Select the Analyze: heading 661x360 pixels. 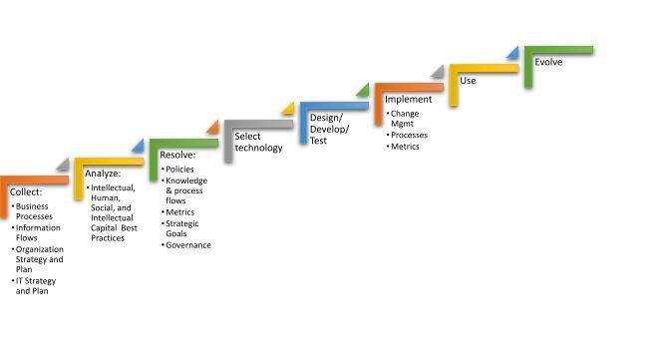[103, 174]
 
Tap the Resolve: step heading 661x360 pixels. [177, 156]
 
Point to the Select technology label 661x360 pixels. [258, 142]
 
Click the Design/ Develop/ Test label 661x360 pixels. [320, 130]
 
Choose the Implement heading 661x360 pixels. [409, 100]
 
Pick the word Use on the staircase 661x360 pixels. [467, 80]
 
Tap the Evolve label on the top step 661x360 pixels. [548, 62]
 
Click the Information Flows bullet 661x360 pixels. [38, 233]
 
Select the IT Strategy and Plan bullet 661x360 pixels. [38, 286]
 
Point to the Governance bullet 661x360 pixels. [187, 245]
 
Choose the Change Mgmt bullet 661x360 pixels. [405, 119]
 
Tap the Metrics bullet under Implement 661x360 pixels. [405, 147]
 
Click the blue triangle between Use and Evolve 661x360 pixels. [512, 52]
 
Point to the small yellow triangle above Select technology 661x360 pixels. [288, 109]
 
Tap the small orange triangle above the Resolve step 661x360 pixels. [212, 128]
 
